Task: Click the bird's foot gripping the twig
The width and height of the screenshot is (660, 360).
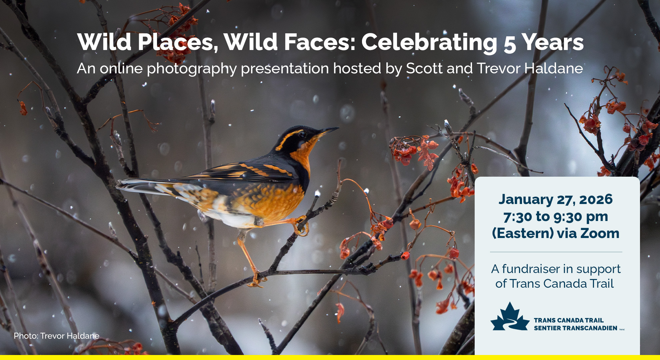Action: pyautogui.click(x=301, y=225)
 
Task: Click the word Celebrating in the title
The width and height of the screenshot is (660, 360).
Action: pyautogui.click(x=429, y=43)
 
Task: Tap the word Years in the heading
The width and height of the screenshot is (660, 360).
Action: pyautogui.click(x=552, y=43)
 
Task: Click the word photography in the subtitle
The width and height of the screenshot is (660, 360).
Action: pyautogui.click(x=192, y=69)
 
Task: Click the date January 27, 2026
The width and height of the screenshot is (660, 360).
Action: pyautogui.click(x=555, y=199)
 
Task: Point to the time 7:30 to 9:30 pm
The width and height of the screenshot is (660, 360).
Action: pyautogui.click(x=556, y=217)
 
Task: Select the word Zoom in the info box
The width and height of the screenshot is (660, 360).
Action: pyautogui.click(x=600, y=233)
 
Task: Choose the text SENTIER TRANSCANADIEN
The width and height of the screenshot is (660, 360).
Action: pyautogui.click(x=575, y=328)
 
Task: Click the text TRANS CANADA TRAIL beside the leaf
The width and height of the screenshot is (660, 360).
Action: pyautogui.click(x=569, y=320)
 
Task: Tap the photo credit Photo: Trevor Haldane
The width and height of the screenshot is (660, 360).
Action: pyautogui.click(x=57, y=336)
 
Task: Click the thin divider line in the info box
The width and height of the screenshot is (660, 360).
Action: pyautogui.click(x=556, y=252)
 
